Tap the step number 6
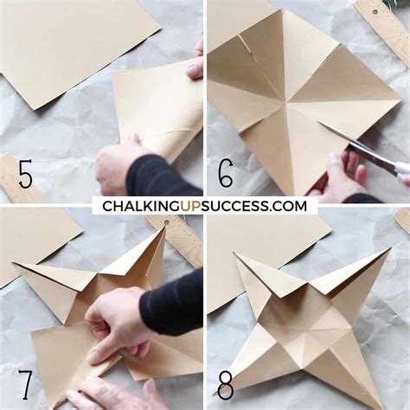tap(226, 173)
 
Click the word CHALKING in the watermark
tap(144, 206)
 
